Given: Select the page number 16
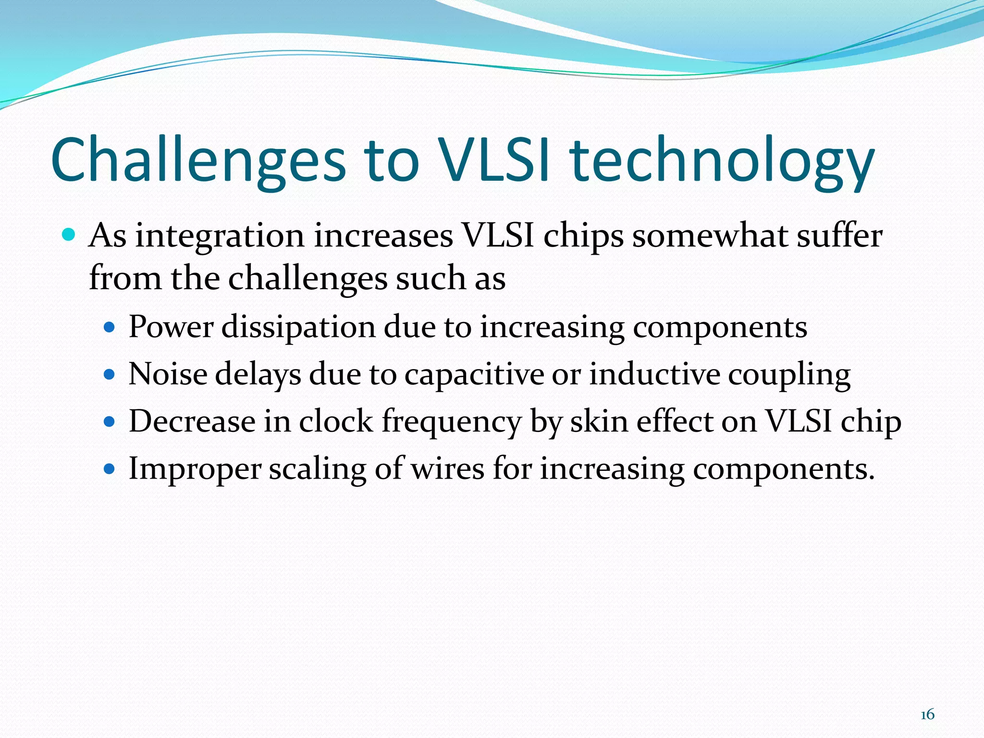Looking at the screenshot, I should pyautogui.click(x=927, y=714).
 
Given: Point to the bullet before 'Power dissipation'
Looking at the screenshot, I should pyautogui.click(x=110, y=328).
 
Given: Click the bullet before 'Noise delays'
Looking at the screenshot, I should pyautogui.click(x=110, y=374).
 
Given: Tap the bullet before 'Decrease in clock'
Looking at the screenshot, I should pyautogui.click(x=110, y=421).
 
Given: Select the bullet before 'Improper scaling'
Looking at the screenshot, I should pyautogui.click(x=110, y=468).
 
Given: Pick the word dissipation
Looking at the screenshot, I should pyautogui.click(x=298, y=327).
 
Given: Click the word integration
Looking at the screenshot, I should pyautogui.click(x=220, y=237).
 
